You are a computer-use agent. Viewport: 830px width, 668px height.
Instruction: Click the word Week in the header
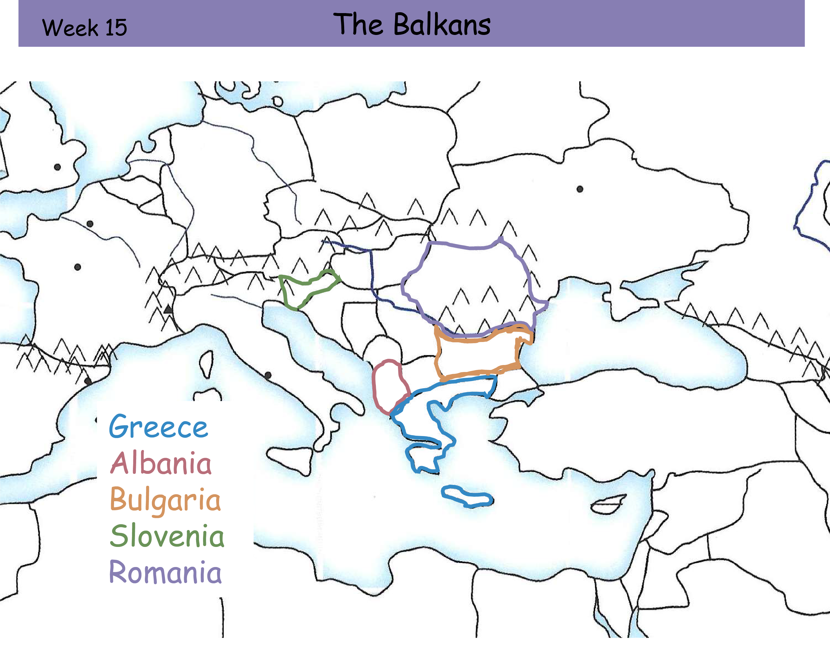click(x=70, y=28)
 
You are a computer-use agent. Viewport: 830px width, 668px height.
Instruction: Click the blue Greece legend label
click(x=158, y=427)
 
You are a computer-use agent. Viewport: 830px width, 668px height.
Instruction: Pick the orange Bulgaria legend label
click(x=165, y=500)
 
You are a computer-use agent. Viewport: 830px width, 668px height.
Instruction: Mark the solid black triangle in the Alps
click(x=168, y=309)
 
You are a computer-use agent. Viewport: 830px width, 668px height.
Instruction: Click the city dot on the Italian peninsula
click(x=268, y=375)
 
